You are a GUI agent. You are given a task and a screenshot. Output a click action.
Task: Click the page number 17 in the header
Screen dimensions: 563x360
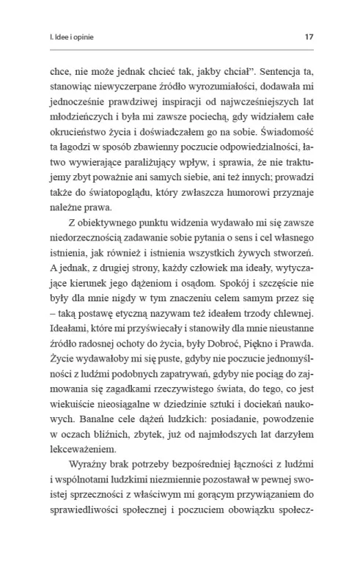tap(309, 34)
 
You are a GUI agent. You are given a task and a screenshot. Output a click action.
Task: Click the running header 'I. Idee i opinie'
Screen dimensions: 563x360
tap(70, 34)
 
